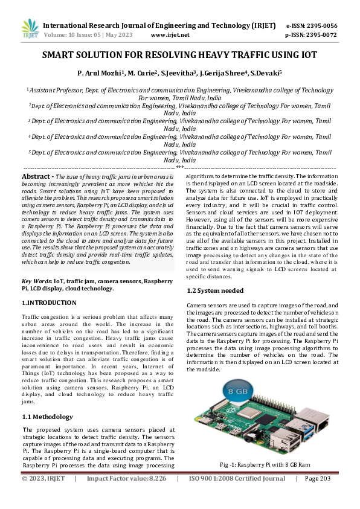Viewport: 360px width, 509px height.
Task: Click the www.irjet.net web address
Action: (167, 35)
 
